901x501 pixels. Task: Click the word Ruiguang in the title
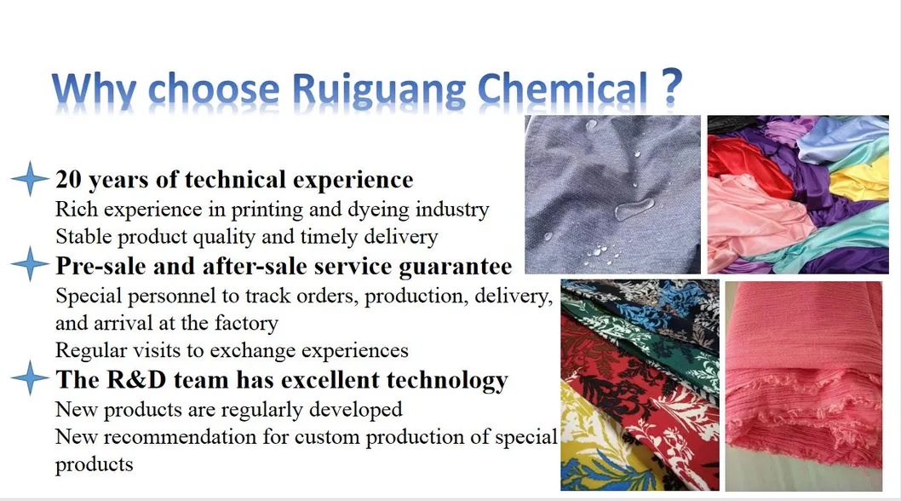pos(379,90)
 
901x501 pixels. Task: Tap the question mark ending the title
pos(671,86)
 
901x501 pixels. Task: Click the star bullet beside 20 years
pos(30,178)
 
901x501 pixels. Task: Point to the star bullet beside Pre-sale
pos(30,263)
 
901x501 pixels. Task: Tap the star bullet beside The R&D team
pos(30,378)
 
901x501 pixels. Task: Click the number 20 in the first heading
pos(68,180)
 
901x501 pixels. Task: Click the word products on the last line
pos(95,464)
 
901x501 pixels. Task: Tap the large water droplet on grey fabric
pos(634,209)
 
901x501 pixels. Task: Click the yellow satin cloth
pos(860,181)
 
